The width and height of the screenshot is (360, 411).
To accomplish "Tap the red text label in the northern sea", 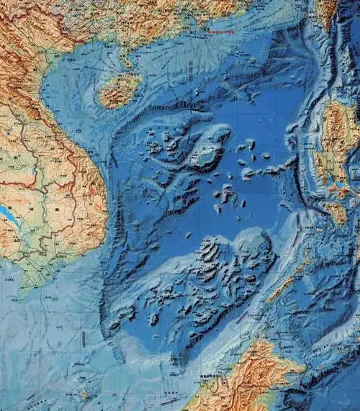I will pyautogui.click(x=220, y=32).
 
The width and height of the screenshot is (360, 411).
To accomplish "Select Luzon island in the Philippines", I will pyautogui.click(x=335, y=137).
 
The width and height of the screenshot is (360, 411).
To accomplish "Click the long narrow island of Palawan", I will pyautogui.click(x=284, y=284).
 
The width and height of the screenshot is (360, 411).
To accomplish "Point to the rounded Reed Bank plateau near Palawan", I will pyautogui.click(x=252, y=245).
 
